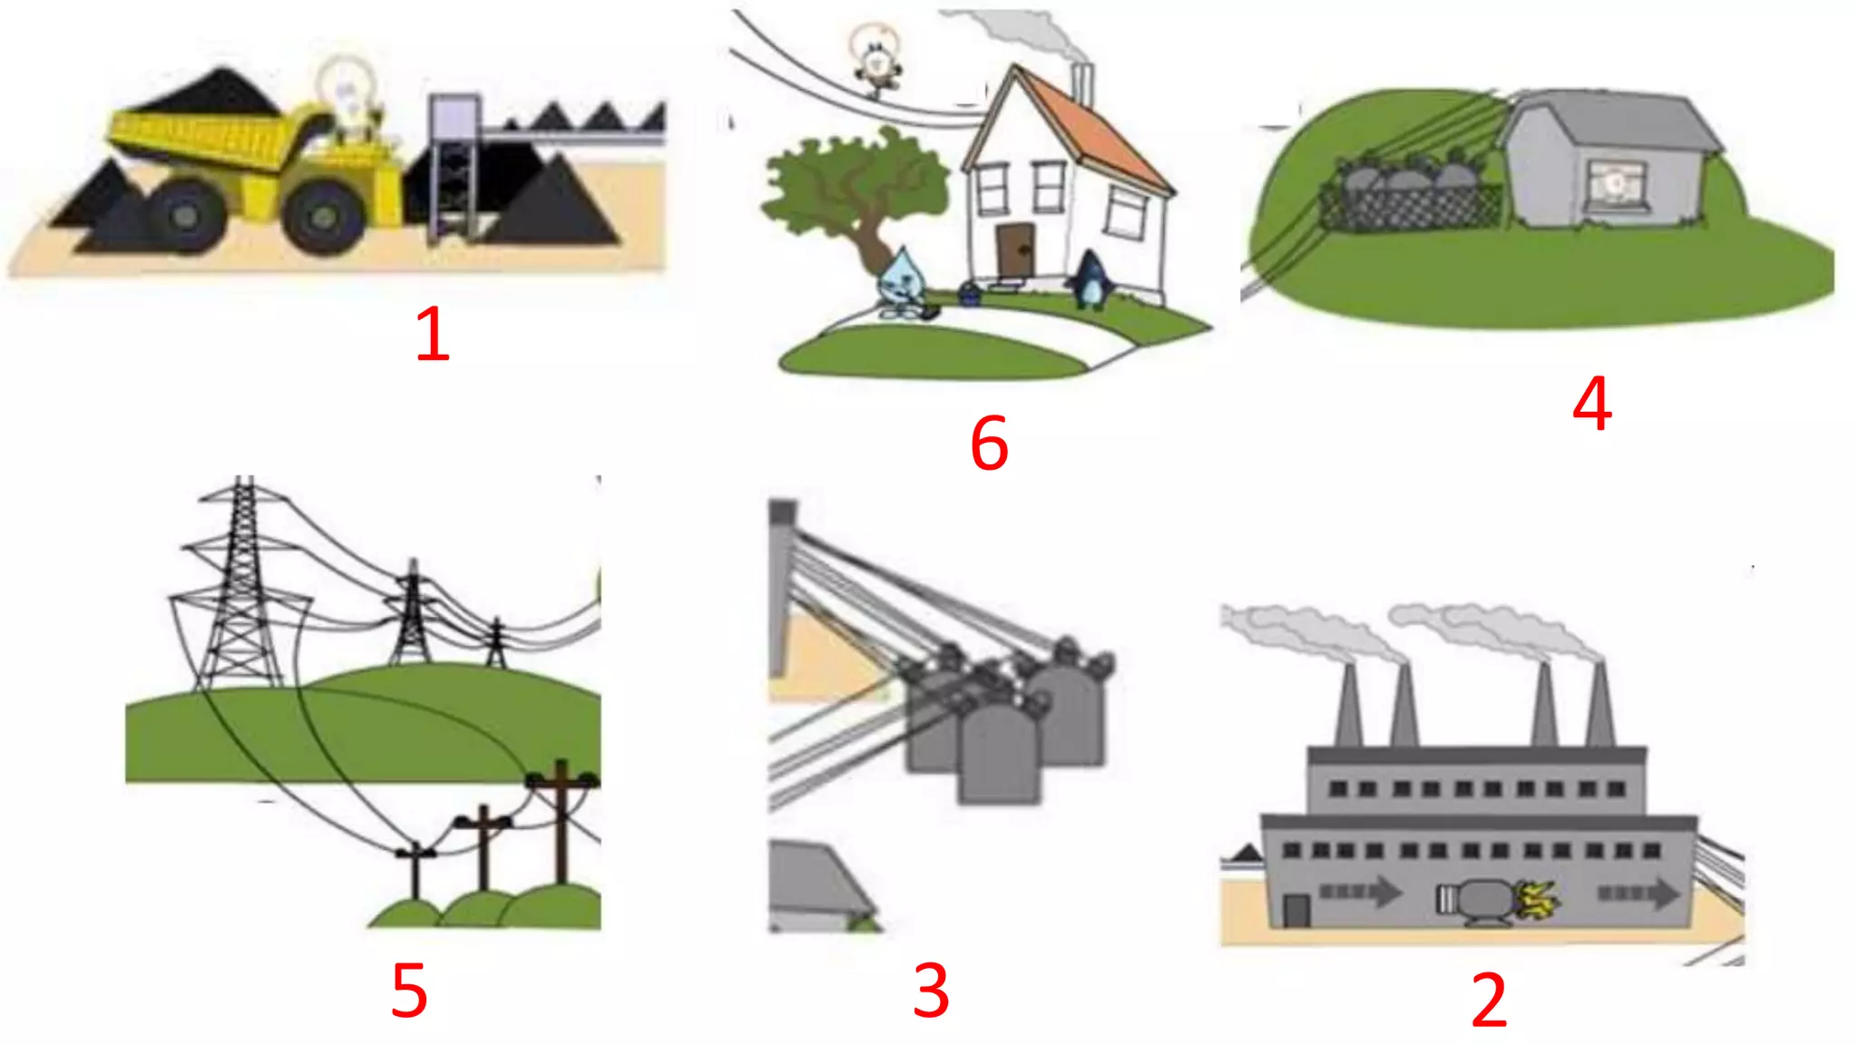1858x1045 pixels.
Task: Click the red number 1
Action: click(433, 334)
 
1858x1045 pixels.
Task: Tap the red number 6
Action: click(989, 444)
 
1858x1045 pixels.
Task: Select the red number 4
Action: click(1592, 404)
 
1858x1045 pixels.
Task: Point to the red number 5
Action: click(409, 991)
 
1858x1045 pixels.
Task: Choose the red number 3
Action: click(931, 991)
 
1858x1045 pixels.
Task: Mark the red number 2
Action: click(1489, 1001)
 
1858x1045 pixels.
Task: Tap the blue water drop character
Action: click(902, 281)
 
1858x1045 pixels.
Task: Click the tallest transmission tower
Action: click(241, 590)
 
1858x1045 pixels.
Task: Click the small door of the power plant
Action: click(1296, 910)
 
